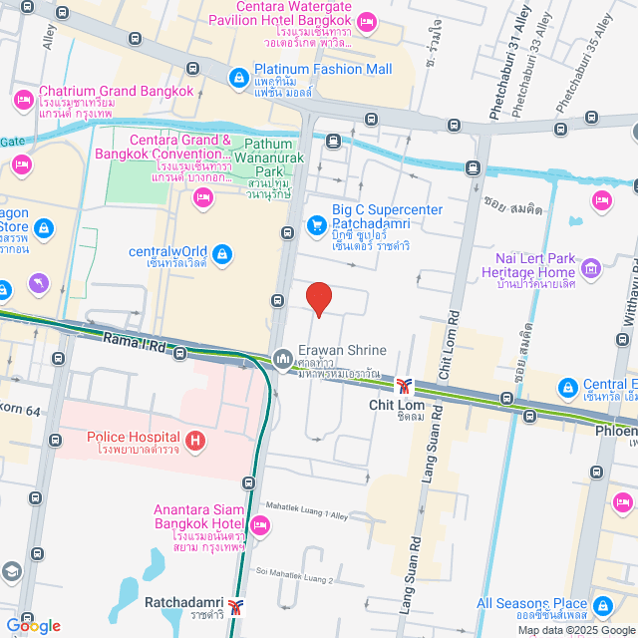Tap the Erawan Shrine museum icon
[282, 357]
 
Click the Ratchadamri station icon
[236, 604]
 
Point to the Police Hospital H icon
[195, 438]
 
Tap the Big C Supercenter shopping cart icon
[317, 224]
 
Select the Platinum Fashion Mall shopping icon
[238, 76]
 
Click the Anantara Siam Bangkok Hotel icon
[260, 524]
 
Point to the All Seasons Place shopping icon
[603, 604]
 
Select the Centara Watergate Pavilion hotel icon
[367, 20]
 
